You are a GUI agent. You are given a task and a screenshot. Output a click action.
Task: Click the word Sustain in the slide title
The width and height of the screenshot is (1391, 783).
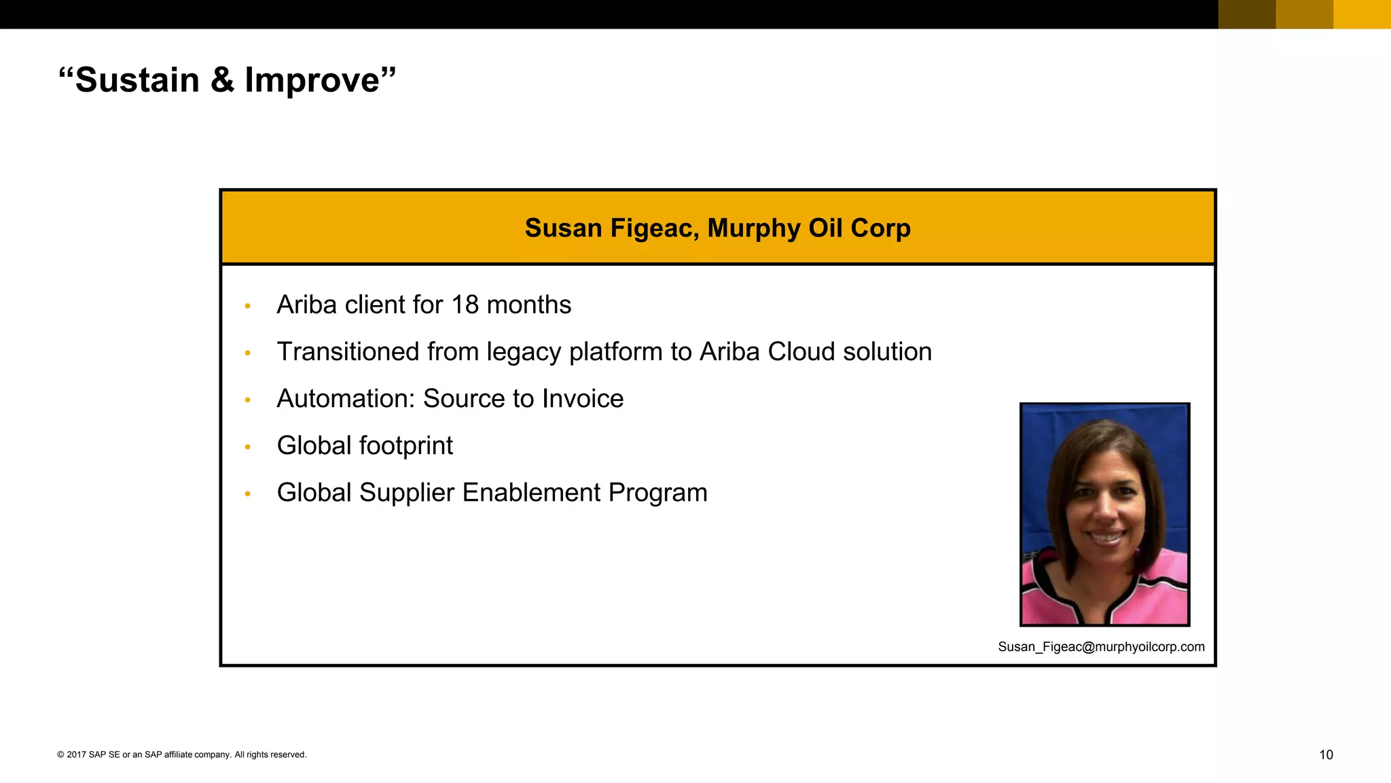tap(137, 80)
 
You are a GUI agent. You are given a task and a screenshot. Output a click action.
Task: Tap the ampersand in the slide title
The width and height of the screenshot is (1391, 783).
tap(222, 80)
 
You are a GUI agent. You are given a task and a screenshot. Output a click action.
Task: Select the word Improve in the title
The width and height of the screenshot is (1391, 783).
tap(312, 80)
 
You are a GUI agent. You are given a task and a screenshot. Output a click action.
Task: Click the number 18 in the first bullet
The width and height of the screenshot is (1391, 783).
tap(465, 304)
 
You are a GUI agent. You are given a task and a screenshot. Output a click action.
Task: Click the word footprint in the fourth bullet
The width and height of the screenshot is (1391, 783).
tap(405, 446)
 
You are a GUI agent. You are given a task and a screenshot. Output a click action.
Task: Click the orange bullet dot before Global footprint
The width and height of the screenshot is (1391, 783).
tap(248, 447)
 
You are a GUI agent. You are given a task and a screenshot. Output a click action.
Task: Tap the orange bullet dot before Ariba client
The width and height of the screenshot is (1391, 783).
tap(248, 307)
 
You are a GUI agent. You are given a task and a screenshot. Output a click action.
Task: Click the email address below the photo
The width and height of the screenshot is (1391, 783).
tap(1101, 647)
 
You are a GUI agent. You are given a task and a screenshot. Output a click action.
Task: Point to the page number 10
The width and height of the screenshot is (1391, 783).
tap(1326, 754)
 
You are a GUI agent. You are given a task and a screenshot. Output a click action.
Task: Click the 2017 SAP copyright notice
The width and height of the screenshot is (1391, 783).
tap(182, 754)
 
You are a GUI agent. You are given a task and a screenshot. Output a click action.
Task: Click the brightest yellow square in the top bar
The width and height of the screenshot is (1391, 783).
tap(1362, 14)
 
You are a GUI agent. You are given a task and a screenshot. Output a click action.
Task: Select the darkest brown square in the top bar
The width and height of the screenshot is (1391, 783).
tap(1247, 14)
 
